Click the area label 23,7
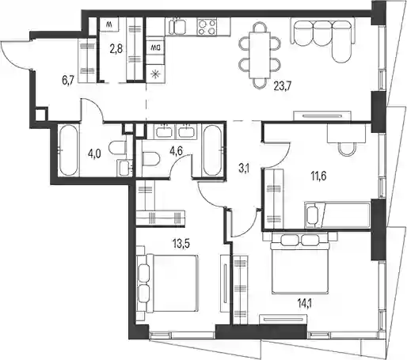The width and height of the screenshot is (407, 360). click(282, 86)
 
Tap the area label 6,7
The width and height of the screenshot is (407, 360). click(67, 80)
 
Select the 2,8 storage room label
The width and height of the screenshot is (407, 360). click(116, 49)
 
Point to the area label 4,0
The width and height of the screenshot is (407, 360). click(94, 153)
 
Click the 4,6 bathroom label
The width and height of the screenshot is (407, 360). click(177, 152)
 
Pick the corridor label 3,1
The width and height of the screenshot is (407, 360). click(244, 169)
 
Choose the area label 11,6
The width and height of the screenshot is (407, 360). click(318, 176)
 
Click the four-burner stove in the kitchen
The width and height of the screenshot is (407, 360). click(207, 27)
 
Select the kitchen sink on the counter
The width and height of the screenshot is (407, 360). click(177, 26)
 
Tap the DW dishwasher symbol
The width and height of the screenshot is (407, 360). click(155, 47)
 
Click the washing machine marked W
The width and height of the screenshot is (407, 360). click(109, 25)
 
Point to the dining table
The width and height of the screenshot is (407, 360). click(260, 55)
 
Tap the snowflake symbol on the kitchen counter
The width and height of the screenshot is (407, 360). click(156, 74)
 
